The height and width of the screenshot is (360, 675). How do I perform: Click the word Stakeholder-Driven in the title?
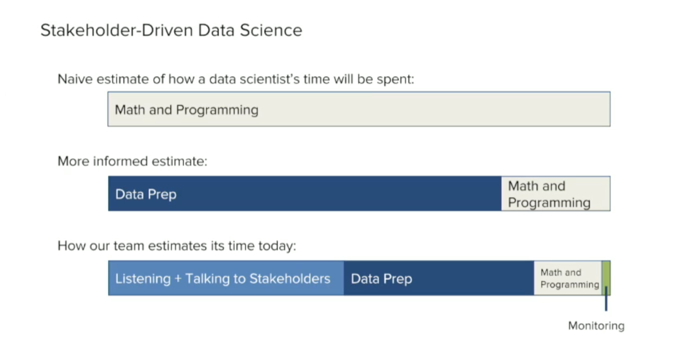click(116, 30)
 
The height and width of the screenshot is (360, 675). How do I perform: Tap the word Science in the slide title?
click(271, 30)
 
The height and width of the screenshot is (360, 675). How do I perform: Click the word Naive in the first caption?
click(75, 79)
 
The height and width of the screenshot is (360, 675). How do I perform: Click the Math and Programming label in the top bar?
click(187, 110)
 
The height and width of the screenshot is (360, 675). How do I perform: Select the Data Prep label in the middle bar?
click(146, 194)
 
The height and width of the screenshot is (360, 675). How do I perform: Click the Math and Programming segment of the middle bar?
click(556, 193)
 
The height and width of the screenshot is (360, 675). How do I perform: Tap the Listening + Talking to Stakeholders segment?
click(226, 278)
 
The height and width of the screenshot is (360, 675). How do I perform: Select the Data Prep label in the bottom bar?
click(381, 279)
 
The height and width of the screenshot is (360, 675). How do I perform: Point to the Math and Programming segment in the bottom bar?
click(568, 278)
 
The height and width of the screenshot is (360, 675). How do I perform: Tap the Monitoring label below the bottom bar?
click(597, 326)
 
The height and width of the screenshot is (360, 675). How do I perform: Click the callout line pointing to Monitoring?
click(606, 298)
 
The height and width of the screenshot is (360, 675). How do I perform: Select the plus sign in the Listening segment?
click(178, 279)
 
